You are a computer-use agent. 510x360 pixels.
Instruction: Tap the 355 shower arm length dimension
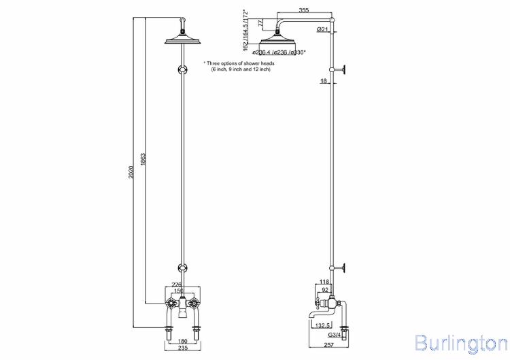(x=304, y=10)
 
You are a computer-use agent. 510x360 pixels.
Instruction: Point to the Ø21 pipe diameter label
(x=323, y=30)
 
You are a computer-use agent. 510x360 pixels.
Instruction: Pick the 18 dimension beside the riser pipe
(x=324, y=81)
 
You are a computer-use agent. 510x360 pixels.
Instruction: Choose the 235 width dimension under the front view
(x=181, y=348)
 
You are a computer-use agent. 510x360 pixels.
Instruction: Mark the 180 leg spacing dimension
(x=181, y=341)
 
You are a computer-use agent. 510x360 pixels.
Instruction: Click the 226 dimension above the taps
(x=176, y=284)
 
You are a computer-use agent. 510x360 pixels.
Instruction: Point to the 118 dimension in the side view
(x=324, y=282)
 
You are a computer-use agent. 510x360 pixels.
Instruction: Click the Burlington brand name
(x=460, y=342)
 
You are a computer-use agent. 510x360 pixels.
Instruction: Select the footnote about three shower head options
(x=239, y=65)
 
